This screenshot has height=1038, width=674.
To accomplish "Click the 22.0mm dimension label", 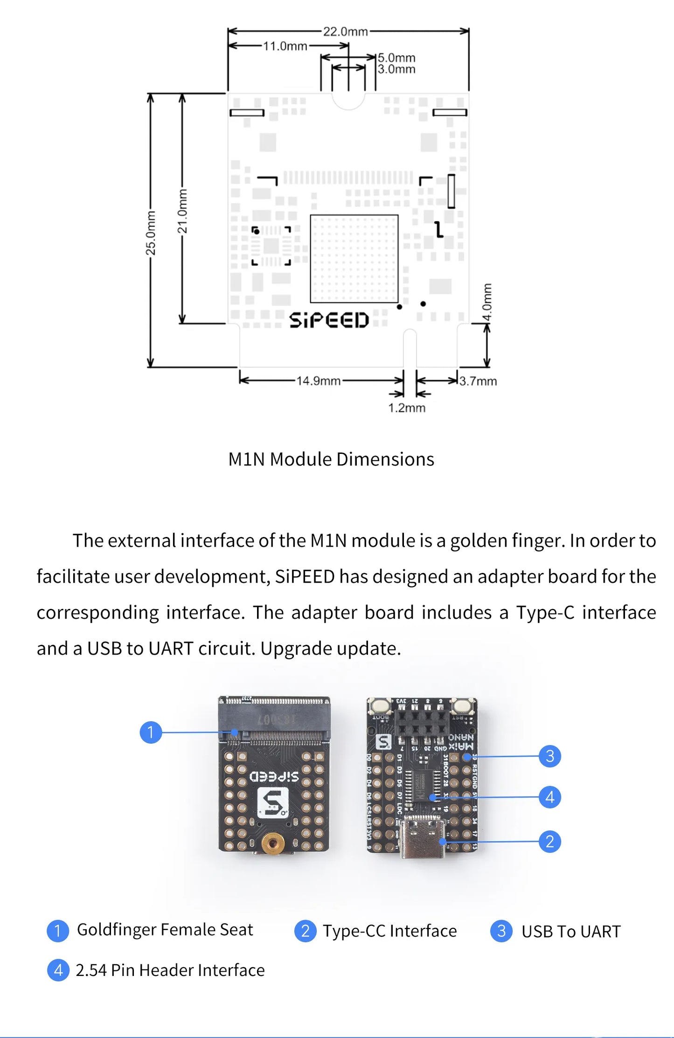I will click(x=345, y=31).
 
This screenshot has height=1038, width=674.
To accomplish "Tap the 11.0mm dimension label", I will click(x=285, y=46).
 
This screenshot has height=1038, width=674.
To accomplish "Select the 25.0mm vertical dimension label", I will click(x=151, y=233).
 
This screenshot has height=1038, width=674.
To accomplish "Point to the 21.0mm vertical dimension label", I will click(x=182, y=211).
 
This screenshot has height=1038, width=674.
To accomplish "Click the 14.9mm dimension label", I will click(x=319, y=381).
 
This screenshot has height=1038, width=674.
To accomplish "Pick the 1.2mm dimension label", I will click(x=407, y=408).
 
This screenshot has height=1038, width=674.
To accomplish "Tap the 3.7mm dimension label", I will click(x=478, y=381).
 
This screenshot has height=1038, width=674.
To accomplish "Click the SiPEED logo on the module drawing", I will click(x=329, y=320).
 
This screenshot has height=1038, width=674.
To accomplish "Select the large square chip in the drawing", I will click(x=354, y=258).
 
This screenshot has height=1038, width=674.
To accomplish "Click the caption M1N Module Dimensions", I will click(x=331, y=459).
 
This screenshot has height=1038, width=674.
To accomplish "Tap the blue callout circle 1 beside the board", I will click(x=151, y=732).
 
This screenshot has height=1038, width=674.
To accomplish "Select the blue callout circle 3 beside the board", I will click(x=549, y=756).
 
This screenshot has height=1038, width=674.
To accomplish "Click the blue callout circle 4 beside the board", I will click(x=549, y=797).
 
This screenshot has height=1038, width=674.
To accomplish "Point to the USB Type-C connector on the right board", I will click(x=424, y=840).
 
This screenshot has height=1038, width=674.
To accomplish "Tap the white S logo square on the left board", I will click(x=273, y=802).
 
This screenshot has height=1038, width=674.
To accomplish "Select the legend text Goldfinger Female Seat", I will click(x=165, y=930).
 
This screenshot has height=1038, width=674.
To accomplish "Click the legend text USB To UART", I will click(x=570, y=931).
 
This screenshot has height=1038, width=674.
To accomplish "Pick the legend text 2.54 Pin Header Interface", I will click(x=170, y=970).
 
